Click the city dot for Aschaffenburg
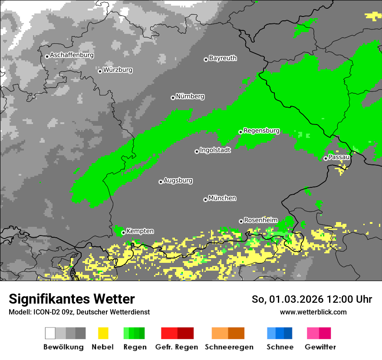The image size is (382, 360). click(47, 56)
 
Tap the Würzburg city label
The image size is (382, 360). click(118, 70)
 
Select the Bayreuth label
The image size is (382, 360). click(223, 58)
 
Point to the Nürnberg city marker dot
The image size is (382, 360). click(173, 98)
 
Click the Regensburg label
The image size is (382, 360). click(261, 131)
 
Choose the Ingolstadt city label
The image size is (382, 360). click(215, 151)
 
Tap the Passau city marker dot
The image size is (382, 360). click(326, 158)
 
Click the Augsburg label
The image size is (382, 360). click(178, 180)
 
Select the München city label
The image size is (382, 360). click(222, 198)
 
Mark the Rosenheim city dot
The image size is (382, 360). click(241, 221)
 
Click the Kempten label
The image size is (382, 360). click(140, 231)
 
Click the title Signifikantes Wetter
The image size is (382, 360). click(72, 299)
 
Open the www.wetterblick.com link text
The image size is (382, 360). click(313, 312)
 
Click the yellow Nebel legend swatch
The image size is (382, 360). click(103, 333)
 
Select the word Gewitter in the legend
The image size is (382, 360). click(320, 347)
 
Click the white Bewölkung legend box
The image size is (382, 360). click(50, 333)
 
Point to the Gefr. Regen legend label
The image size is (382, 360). click(177, 347)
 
